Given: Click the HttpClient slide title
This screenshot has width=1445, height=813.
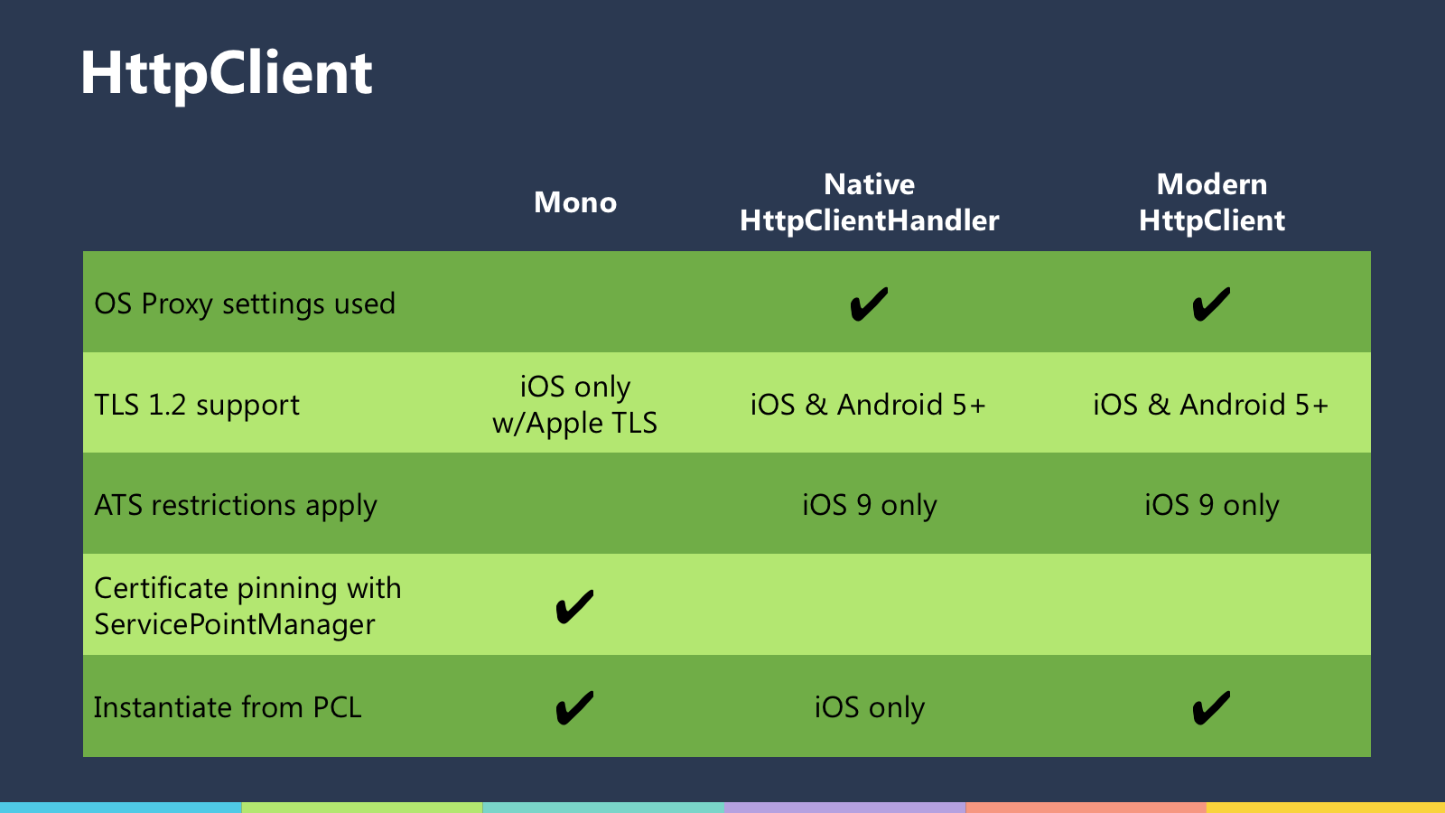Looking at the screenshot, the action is click(227, 74).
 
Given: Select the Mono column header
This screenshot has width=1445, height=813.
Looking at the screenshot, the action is click(575, 202).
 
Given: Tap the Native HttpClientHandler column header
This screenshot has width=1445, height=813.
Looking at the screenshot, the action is click(869, 202).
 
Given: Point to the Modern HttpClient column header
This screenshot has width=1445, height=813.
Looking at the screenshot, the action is click(1211, 202).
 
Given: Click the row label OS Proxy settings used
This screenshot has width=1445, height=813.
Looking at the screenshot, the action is click(245, 304).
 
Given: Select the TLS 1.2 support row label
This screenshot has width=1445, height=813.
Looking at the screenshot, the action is click(197, 406).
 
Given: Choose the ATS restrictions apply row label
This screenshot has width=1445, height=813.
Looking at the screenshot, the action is click(236, 505).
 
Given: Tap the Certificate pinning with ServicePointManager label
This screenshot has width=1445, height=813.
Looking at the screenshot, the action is click(247, 606).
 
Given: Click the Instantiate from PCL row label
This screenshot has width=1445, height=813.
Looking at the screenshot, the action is click(227, 707).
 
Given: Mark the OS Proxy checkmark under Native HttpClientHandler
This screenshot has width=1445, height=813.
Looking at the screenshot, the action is click(869, 304).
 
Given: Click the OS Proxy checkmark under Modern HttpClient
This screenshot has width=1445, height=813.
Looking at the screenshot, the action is click(1211, 304).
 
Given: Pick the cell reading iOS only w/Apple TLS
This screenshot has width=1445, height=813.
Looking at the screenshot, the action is click(574, 405).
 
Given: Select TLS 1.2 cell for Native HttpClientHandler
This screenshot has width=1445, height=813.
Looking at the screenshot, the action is click(868, 406).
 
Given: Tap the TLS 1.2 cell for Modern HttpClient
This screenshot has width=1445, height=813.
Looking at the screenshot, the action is click(1211, 406).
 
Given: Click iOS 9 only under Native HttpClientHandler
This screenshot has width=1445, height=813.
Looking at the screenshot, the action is click(870, 505).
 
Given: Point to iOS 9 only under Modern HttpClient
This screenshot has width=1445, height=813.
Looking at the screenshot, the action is click(1211, 505).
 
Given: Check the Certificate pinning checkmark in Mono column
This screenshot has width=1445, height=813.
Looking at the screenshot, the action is click(574, 606).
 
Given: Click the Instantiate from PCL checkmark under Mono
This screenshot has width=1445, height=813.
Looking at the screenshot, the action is click(574, 708).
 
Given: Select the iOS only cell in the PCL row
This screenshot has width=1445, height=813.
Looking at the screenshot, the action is click(869, 708).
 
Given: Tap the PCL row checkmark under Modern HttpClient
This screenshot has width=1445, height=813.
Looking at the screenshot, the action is click(1211, 708).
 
